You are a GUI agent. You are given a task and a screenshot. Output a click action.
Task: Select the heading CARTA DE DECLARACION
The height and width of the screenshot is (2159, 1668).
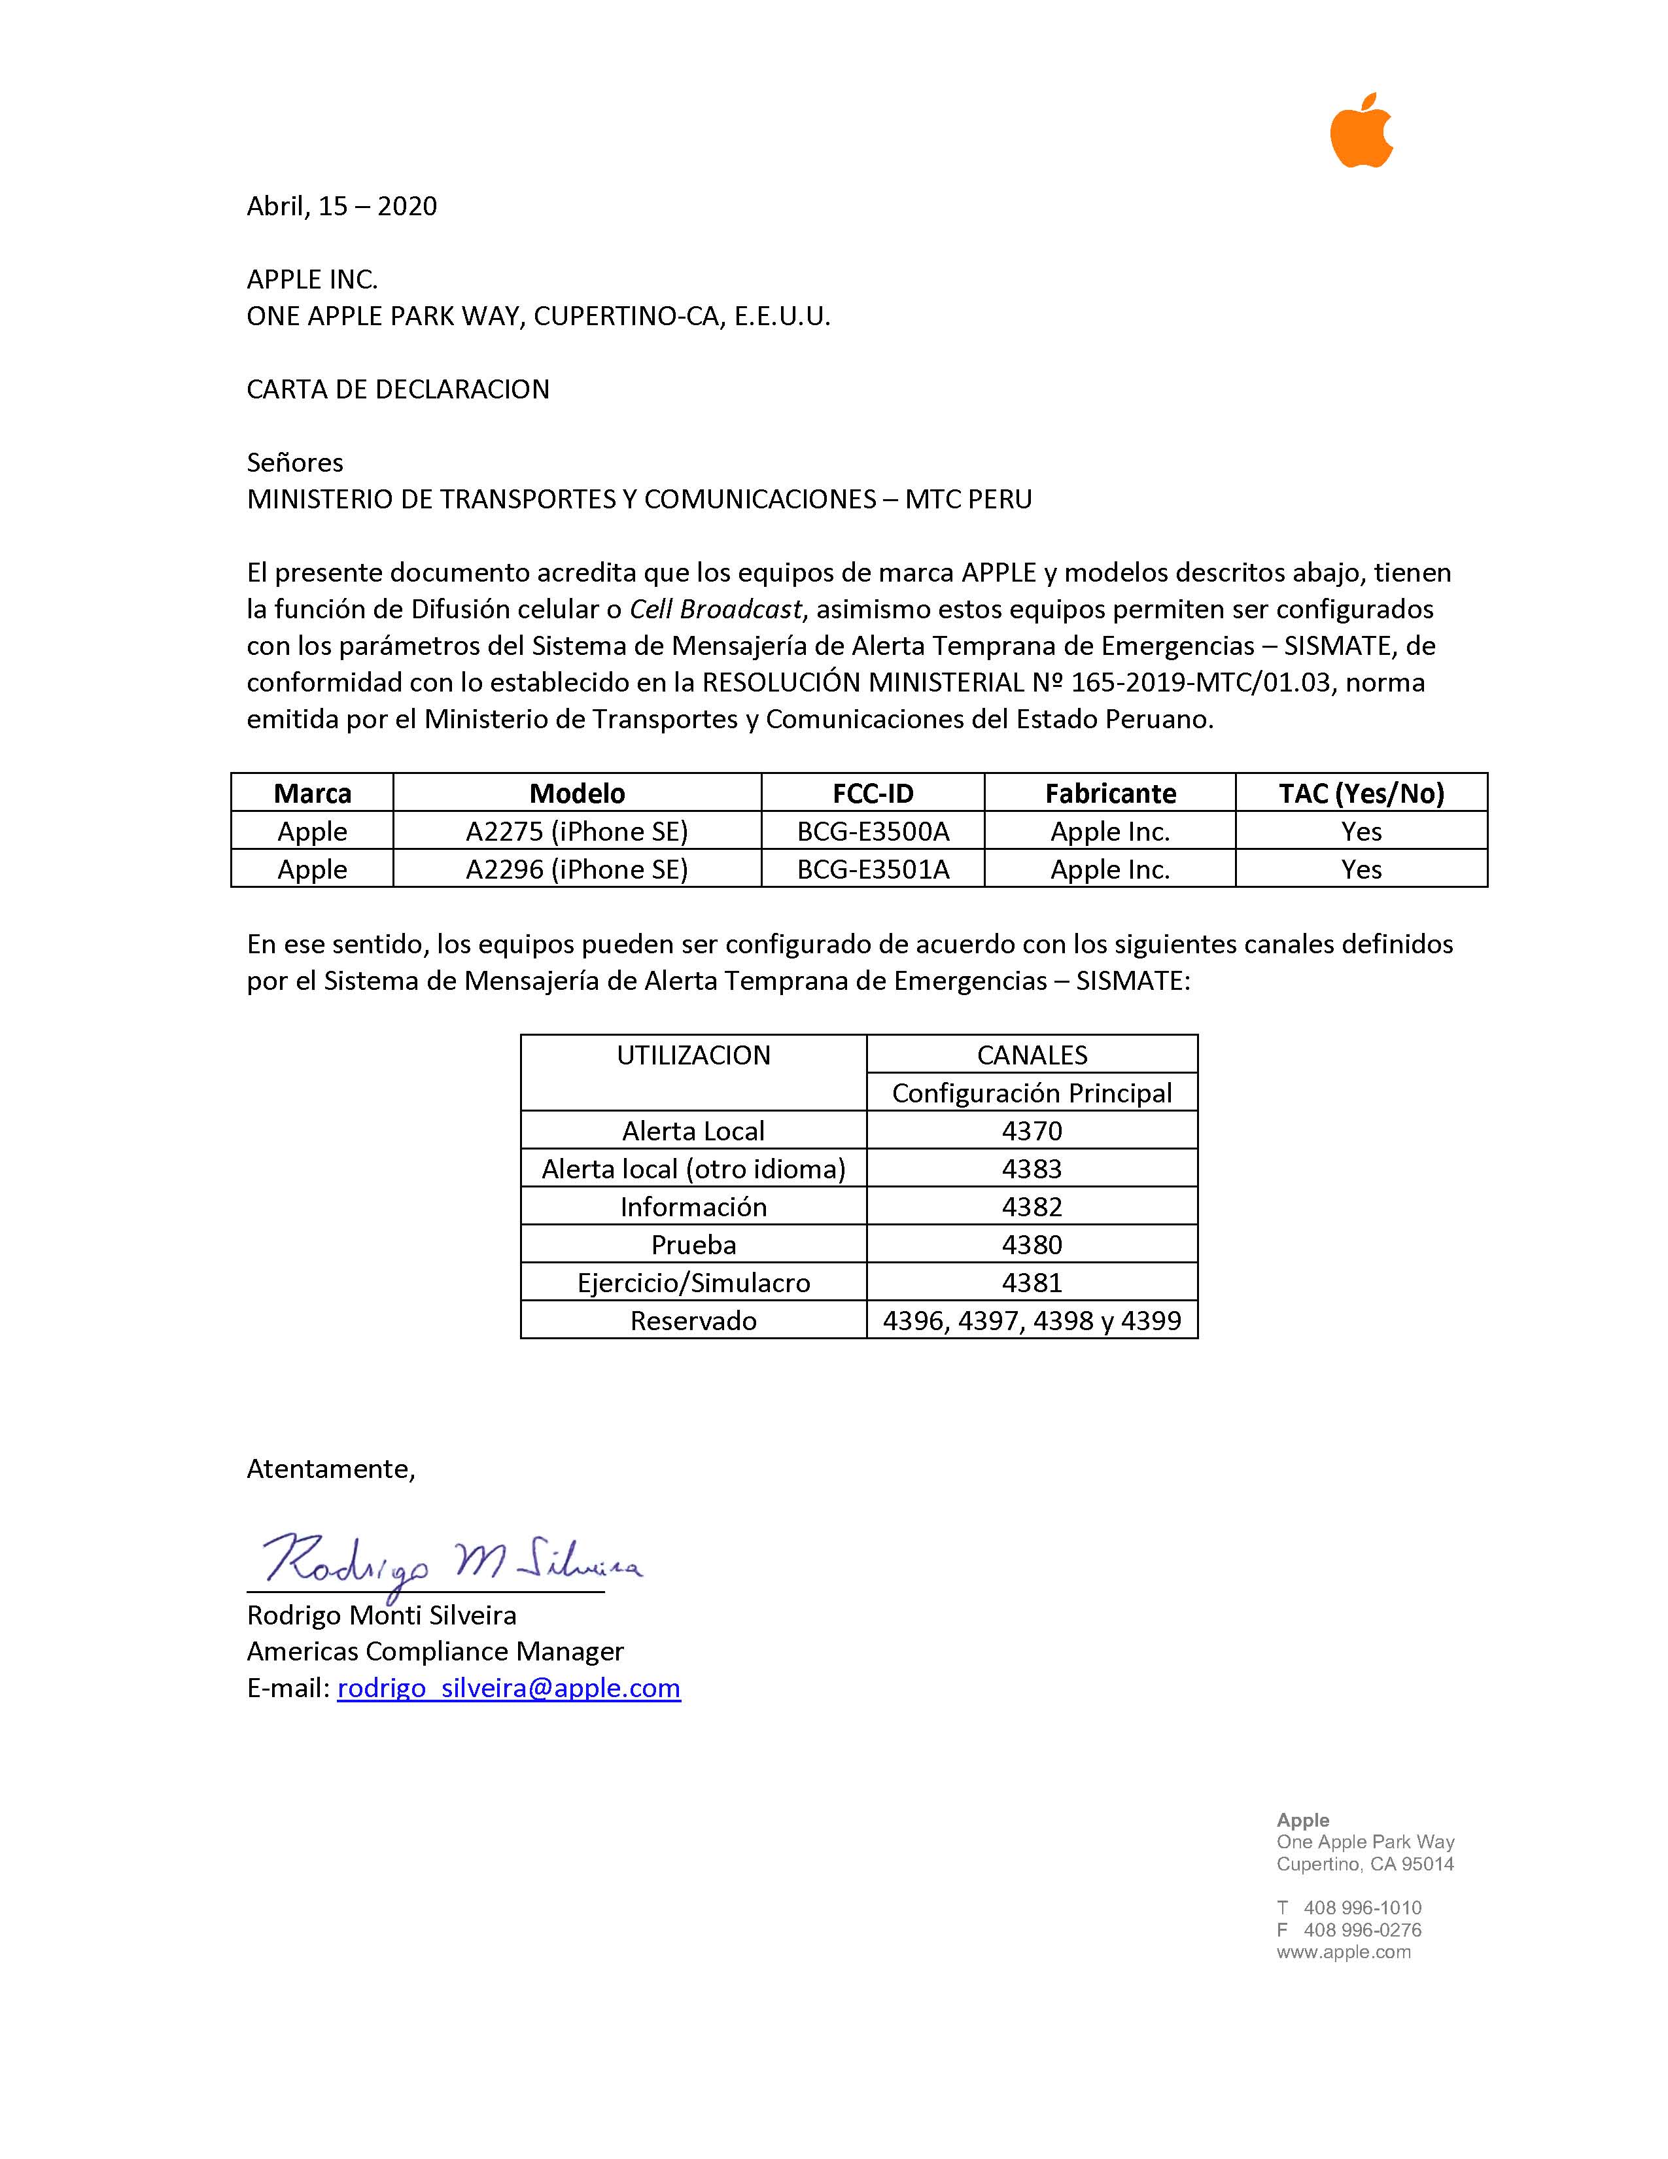coord(398,389)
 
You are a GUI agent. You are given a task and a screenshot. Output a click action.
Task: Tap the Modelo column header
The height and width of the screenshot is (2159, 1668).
coord(577,793)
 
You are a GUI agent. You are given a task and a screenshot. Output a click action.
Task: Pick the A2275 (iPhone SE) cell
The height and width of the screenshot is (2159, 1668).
coord(577,832)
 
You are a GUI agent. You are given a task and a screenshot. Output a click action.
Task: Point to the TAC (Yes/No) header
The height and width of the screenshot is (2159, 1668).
coord(1361,793)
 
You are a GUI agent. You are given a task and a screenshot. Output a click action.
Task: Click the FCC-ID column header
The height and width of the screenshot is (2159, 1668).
coord(873,793)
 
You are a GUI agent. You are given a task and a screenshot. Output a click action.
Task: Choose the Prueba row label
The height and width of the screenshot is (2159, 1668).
coord(693,1244)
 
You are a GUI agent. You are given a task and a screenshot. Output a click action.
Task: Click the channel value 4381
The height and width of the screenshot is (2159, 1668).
coord(1032,1282)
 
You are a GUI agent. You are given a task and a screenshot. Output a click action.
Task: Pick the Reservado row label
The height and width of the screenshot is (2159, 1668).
coord(693,1321)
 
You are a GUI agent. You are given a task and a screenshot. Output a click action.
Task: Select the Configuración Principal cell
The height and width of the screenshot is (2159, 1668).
coord(1032,1093)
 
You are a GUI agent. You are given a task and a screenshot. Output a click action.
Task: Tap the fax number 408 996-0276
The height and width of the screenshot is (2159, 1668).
coord(1362,1929)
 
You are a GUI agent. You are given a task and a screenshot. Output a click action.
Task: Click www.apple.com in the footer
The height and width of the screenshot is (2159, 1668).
coord(1343,1952)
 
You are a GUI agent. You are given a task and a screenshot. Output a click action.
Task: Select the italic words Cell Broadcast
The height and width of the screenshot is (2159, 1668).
coord(716,609)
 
